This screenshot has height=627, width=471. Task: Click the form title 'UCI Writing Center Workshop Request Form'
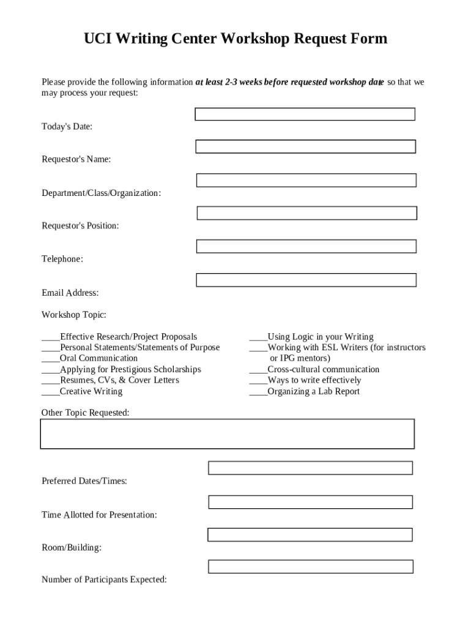(x=236, y=39)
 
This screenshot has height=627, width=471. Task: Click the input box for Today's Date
(x=305, y=115)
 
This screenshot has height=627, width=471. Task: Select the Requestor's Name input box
(x=305, y=147)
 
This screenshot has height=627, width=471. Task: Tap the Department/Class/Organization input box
(x=306, y=180)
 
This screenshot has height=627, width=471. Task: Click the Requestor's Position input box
(x=306, y=213)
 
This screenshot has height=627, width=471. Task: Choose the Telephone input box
(x=306, y=246)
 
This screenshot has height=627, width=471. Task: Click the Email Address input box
(x=306, y=280)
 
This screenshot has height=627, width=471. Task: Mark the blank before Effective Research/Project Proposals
(x=50, y=337)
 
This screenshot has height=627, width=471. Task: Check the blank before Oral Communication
(x=50, y=359)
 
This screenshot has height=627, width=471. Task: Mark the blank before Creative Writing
(x=50, y=392)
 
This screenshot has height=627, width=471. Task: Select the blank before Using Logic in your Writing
(x=258, y=337)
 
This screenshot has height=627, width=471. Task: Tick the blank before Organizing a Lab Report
(x=258, y=392)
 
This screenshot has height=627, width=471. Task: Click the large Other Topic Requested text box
(x=227, y=434)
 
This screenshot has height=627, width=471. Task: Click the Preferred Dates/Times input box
(x=310, y=468)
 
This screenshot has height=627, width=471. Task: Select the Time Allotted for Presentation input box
(x=310, y=502)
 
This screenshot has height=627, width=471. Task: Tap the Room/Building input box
(x=310, y=535)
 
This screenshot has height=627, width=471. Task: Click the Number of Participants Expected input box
(x=310, y=566)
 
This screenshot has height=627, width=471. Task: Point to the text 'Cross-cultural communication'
(x=323, y=370)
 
